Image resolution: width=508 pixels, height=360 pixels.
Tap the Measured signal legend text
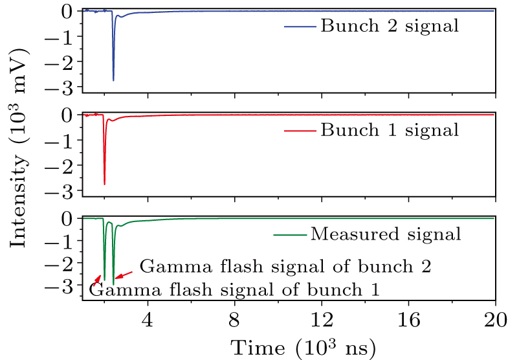(386, 234)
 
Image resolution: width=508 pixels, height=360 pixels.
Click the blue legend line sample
(300, 27)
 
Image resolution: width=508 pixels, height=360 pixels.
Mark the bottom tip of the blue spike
(113, 80)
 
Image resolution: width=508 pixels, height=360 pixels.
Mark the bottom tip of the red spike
(104, 185)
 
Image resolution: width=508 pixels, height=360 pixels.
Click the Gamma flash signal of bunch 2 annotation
(285, 267)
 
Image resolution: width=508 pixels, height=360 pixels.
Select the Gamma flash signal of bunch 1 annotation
(234, 289)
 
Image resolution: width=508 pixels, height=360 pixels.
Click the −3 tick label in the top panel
(65, 87)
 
